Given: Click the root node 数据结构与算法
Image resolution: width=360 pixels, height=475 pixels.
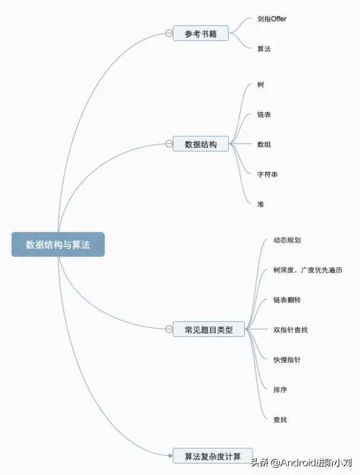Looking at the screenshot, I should (x=58, y=244).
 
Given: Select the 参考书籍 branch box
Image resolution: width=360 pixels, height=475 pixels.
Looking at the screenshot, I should (x=200, y=33).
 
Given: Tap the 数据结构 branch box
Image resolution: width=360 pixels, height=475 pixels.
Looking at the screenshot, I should (x=200, y=144).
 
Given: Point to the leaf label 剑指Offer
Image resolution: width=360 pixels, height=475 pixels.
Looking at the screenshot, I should (x=272, y=19).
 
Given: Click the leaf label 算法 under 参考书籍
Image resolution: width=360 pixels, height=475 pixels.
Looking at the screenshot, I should (x=264, y=49).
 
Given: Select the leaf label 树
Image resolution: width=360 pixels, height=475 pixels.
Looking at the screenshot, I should (x=261, y=85).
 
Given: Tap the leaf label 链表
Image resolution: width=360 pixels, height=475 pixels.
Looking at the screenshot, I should (x=264, y=115).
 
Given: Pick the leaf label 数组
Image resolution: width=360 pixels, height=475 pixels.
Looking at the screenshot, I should (x=264, y=144).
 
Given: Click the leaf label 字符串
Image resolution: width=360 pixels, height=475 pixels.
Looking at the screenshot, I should (x=267, y=175).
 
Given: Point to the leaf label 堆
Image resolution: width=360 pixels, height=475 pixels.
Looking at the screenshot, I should (x=261, y=204).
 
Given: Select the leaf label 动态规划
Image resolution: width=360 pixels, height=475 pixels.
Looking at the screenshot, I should (x=288, y=240).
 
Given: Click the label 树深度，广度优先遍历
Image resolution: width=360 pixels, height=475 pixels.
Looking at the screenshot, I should (x=308, y=271).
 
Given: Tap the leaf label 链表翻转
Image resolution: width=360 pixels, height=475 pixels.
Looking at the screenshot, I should (x=287, y=300).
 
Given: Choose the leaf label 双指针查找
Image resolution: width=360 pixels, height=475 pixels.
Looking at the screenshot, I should (x=290, y=330).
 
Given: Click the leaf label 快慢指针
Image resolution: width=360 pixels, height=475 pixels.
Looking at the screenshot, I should (x=287, y=360).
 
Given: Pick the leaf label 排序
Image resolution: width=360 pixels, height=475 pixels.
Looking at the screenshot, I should (x=280, y=390).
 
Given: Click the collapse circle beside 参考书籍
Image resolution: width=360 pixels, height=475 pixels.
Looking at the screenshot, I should (x=169, y=33).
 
